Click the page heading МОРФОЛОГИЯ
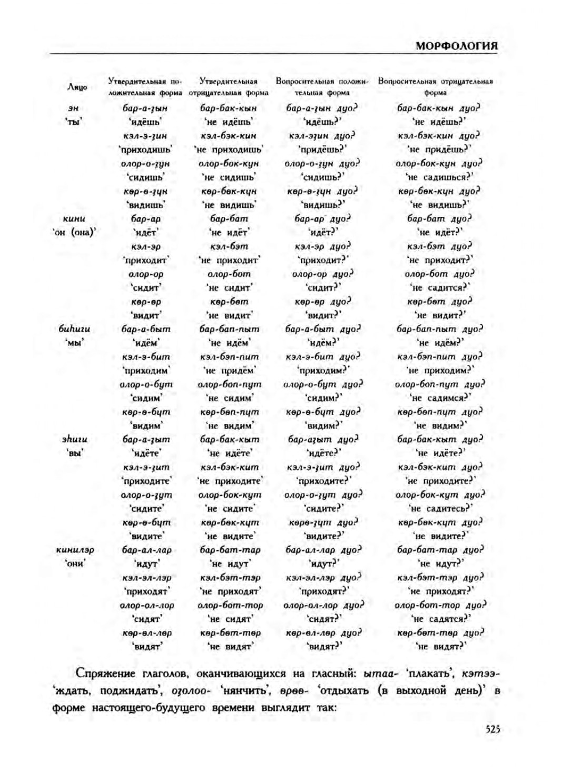tap(456, 46)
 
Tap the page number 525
tap(492, 729)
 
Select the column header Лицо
tap(77, 87)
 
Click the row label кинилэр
tap(75, 550)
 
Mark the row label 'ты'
tap(74, 122)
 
